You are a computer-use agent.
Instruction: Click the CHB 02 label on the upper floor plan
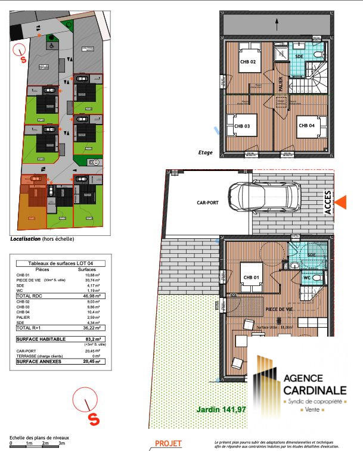point(248,62)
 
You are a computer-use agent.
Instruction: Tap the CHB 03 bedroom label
point(241,126)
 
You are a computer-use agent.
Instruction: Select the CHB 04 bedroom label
point(306,126)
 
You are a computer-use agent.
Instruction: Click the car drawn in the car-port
point(263,197)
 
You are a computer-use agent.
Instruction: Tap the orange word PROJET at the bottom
point(168,443)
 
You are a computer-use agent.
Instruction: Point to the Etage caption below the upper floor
point(206,153)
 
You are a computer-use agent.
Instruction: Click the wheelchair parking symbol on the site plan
point(51,43)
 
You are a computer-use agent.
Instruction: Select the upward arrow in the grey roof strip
point(278,24)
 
